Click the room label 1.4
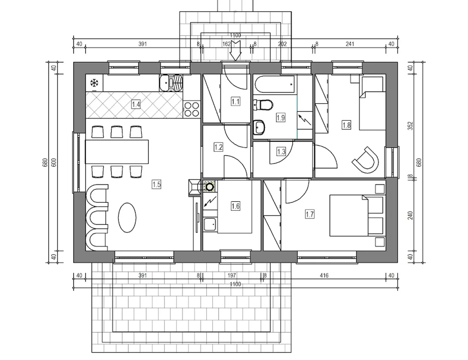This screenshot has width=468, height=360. click(x=136, y=105)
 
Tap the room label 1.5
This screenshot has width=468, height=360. click(x=156, y=185)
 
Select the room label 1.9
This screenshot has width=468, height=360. click(x=281, y=118)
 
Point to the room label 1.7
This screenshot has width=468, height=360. click(x=310, y=214)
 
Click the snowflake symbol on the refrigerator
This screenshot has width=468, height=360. click(x=94, y=83)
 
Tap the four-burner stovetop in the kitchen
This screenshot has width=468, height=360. click(x=192, y=109)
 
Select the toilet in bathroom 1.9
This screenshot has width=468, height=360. click(x=263, y=105)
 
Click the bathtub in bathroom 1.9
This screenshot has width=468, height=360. click(x=274, y=84)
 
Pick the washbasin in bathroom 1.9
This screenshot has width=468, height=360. click(x=259, y=127)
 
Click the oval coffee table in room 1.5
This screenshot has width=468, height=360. click(x=127, y=218)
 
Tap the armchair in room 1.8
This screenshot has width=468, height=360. click(x=366, y=160)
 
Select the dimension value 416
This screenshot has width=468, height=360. click(x=324, y=275)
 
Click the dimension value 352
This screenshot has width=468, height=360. click(x=411, y=126)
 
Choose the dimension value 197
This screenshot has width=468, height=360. click(x=232, y=275)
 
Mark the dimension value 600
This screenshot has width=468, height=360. click(x=54, y=162)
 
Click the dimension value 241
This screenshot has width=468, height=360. click(x=350, y=44)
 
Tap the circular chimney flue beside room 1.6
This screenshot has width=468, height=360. click(x=209, y=187)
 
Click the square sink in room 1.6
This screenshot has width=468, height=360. click(x=210, y=224)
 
